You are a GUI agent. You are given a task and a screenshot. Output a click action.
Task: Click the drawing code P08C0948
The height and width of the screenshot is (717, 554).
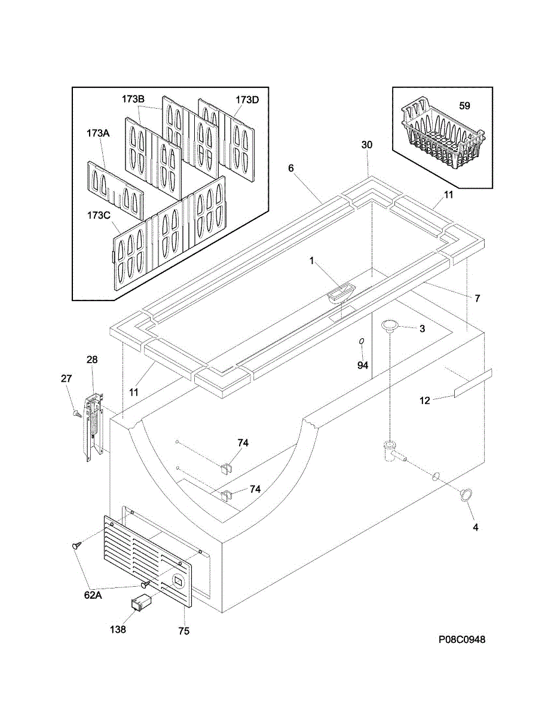(x=461, y=639)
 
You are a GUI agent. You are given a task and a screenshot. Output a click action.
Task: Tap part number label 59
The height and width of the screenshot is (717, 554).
(x=464, y=106)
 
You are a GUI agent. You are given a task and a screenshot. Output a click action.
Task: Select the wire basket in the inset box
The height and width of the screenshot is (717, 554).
(x=442, y=139)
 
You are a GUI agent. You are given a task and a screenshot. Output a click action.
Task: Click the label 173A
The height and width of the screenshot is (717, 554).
(x=98, y=134)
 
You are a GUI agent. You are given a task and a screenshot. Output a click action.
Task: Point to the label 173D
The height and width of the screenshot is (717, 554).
(x=247, y=99)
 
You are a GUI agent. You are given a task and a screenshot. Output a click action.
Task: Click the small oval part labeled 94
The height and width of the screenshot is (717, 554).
(x=362, y=341)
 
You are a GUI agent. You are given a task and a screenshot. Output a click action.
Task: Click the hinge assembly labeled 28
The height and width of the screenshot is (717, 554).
(x=93, y=425)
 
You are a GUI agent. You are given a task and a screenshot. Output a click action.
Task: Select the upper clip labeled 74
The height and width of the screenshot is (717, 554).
(x=226, y=465)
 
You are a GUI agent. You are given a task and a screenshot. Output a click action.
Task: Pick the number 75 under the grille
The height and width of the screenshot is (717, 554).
(x=183, y=631)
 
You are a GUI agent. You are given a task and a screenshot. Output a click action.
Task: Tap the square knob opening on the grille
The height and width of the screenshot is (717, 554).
(x=177, y=580)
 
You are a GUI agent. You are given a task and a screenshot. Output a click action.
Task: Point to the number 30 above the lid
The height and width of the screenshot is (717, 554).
(x=366, y=145)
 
